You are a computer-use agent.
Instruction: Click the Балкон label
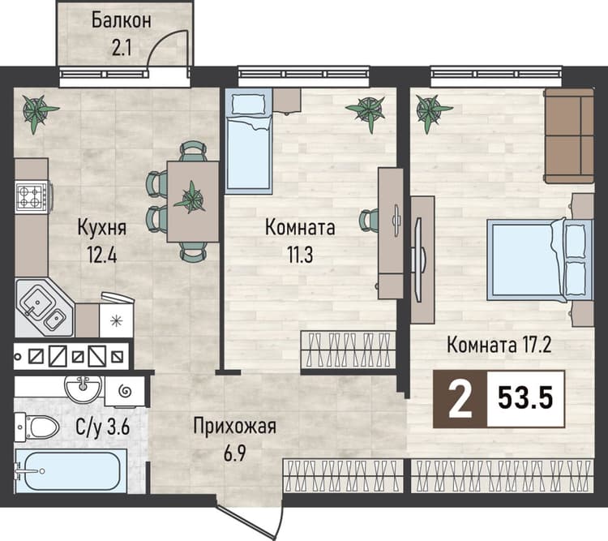pos(121,21)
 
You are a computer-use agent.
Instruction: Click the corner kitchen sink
pos(44,307)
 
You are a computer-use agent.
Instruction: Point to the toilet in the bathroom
pos(36,427)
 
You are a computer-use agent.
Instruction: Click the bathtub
pos(71,471)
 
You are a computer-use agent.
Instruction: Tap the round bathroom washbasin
pos(83,388)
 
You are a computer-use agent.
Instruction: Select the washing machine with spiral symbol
pos(125,391)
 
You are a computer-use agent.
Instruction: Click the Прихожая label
pos(234,427)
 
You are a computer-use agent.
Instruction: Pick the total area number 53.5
pos(525,398)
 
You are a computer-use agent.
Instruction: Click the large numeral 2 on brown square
pos(460,399)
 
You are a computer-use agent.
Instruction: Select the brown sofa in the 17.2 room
pos(569,135)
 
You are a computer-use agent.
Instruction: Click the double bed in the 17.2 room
pos(540,260)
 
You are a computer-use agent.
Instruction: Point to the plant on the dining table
pos(191,198)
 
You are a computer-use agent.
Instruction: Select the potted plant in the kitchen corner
pos(39,113)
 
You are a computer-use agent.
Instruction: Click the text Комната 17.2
pos(499,345)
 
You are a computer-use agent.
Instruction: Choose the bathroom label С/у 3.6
pos(102,427)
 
